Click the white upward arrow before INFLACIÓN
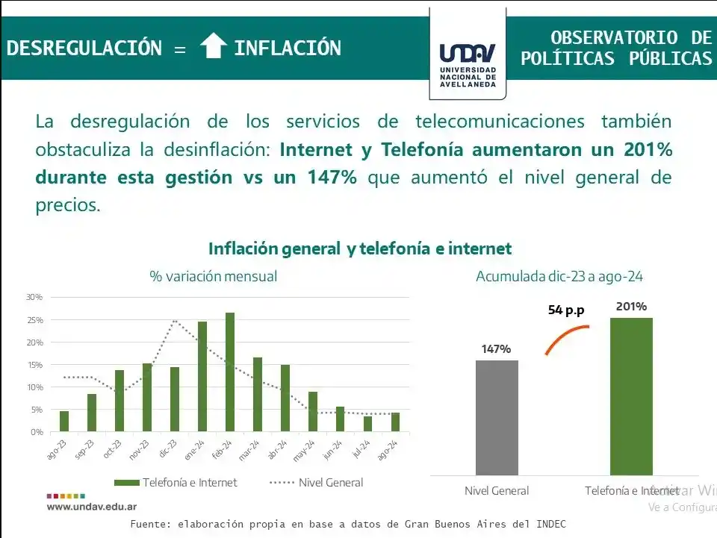tap(214, 47)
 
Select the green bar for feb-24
tap(230, 372)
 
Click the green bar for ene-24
tap(202, 376)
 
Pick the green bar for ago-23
tap(64, 421)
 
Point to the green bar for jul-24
tap(367, 423)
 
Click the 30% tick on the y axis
tap(34, 297)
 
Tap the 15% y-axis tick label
tap(34, 365)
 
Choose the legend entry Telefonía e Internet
tap(176, 483)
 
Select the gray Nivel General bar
tap(497, 418)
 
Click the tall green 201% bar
tap(631, 396)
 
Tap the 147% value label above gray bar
tap(496, 348)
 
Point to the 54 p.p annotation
tap(565, 310)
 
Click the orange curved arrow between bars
tap(565, 337)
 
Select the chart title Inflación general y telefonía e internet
tap(360, 248)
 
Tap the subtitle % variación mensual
tap(213, 276)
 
